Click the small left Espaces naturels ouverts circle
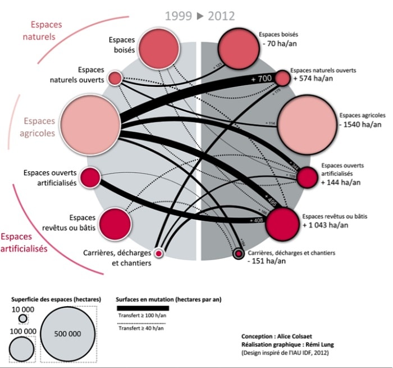click(115, 78)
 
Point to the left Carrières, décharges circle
click(159, 254)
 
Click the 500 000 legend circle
click(67, 333)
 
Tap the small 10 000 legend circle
click(23, 319)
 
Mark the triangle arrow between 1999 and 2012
click(199, 16)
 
